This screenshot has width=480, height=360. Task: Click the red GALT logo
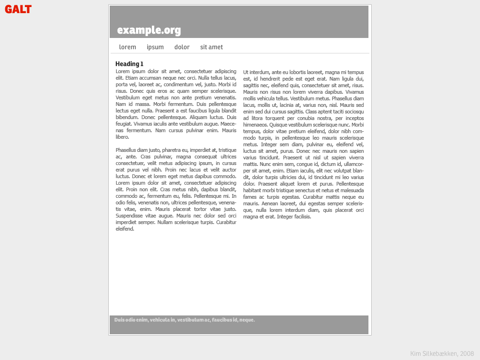point(18,9)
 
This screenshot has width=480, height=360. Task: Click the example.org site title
point(149,30)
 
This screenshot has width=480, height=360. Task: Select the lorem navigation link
point(127,47)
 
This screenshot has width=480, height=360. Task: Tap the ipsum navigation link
point(155,47)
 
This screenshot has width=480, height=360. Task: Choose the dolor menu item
point(182,47)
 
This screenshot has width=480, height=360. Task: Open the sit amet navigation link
point(211,47)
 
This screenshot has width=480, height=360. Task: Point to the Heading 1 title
point(129,64)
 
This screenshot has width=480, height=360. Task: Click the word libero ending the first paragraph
point(122,137)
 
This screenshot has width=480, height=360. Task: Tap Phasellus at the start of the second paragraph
point(126,150)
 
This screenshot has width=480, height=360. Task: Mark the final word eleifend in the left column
point(125,229)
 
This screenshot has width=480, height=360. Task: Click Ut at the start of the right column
point(246,72)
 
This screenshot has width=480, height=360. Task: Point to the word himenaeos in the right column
point(256,125)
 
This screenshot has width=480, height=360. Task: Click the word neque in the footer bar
point(247,320)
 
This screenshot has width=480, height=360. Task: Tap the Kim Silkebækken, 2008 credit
point(442,353)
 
